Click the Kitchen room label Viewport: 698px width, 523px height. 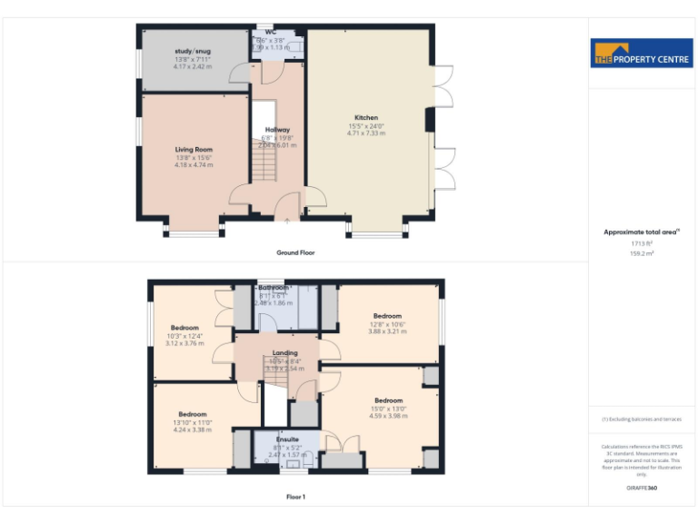click(x=366, y=118)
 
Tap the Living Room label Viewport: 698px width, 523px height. click(x=194, y=149)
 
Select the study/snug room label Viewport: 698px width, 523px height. click(x=193, y=52)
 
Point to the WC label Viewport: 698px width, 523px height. click(x=271, y=33)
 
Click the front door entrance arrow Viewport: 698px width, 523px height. click(x=287, y=220)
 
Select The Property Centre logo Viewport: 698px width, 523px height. click(x=642, y=53)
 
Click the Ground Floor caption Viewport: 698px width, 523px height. click(x=295, y=252)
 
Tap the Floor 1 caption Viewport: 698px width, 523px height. click(x=295, y=497)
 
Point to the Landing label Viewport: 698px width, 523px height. click(x=285, y=353)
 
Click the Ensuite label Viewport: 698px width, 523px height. click(x=287, y=439)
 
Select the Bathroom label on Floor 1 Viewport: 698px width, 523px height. click(x=273, y=288)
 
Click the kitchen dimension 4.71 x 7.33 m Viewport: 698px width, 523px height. click(x=366, y=133)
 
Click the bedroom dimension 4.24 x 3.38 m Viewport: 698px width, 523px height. click(x=193, y=430)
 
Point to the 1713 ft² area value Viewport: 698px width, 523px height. click(x=642, y=243)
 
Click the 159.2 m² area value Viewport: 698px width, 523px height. click(x=642, y=253)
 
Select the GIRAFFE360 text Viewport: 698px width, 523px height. click(x=642, y=488)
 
